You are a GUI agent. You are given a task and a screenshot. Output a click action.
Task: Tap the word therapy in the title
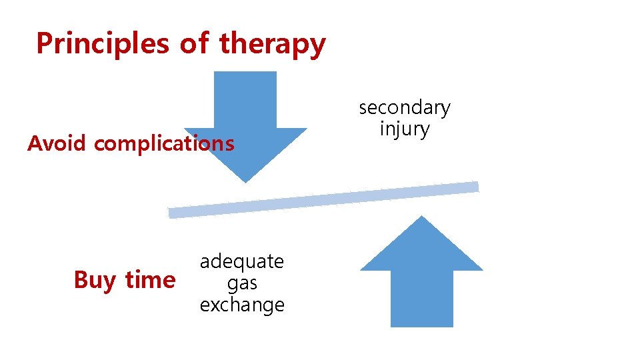272,44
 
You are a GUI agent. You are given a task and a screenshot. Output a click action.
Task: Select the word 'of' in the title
195,43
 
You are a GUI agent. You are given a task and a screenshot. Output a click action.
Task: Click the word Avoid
57,143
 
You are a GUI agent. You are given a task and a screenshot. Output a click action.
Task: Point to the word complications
164,144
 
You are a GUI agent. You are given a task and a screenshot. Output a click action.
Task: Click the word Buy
95,280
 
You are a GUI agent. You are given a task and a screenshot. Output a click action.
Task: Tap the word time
149,279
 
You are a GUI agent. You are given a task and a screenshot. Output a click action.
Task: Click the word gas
242,283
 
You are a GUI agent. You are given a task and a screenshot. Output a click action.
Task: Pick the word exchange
242,305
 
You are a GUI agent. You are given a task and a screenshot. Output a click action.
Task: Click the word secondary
405,107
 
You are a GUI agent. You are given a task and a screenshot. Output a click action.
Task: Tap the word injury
405,128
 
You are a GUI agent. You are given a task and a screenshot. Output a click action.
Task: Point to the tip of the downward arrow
245,181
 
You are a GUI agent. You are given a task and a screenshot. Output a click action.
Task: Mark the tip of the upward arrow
421,217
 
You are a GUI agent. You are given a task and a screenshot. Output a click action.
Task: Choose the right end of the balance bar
475,187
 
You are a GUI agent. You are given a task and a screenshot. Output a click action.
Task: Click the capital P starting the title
44,43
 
